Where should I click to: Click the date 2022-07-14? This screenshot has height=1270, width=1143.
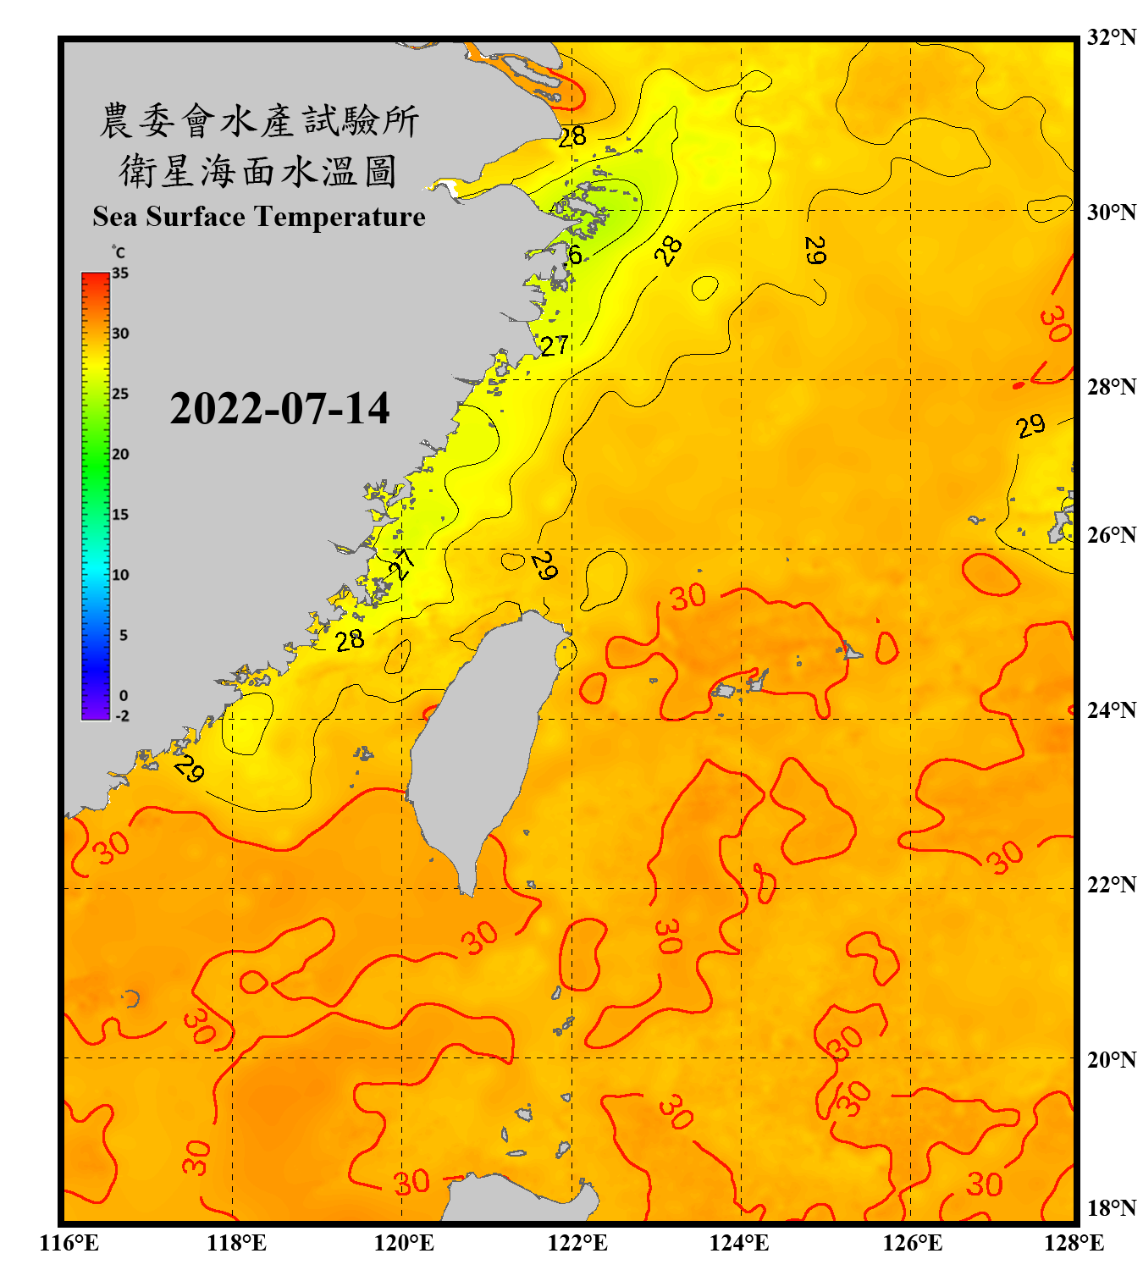pos(279,409)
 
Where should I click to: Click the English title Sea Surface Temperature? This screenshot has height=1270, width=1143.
pos(259,217)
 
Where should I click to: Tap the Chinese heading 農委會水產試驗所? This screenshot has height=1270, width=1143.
pos(259,120)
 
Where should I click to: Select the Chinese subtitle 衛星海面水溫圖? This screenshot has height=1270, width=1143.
pos(259,171)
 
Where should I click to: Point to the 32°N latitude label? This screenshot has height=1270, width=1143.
pos(1111,37)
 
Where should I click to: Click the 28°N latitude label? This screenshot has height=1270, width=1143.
pos(1111,387)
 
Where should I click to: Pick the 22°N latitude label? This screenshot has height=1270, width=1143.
pos(1111,885)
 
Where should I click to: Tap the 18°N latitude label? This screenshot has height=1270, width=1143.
pos(1111,1208)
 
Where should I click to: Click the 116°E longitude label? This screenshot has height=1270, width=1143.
pos(69,1243)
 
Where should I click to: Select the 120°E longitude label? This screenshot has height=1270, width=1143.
pos(404,1243)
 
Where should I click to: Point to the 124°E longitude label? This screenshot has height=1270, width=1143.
pos(739,1243)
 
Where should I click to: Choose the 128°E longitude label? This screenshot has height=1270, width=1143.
pos(1074,1243)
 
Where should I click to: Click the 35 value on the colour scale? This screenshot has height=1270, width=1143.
pos(120,273)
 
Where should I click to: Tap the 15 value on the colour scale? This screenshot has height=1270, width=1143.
pos(120,515)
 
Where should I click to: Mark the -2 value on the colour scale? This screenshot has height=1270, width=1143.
pos(122,716)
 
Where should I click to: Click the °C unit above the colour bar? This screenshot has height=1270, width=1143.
pos(119,252)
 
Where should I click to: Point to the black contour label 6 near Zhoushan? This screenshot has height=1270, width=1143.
pos(575,255)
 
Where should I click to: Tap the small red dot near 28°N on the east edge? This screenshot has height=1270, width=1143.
pos(1019,386)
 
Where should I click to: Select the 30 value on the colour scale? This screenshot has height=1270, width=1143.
pos(120,334)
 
